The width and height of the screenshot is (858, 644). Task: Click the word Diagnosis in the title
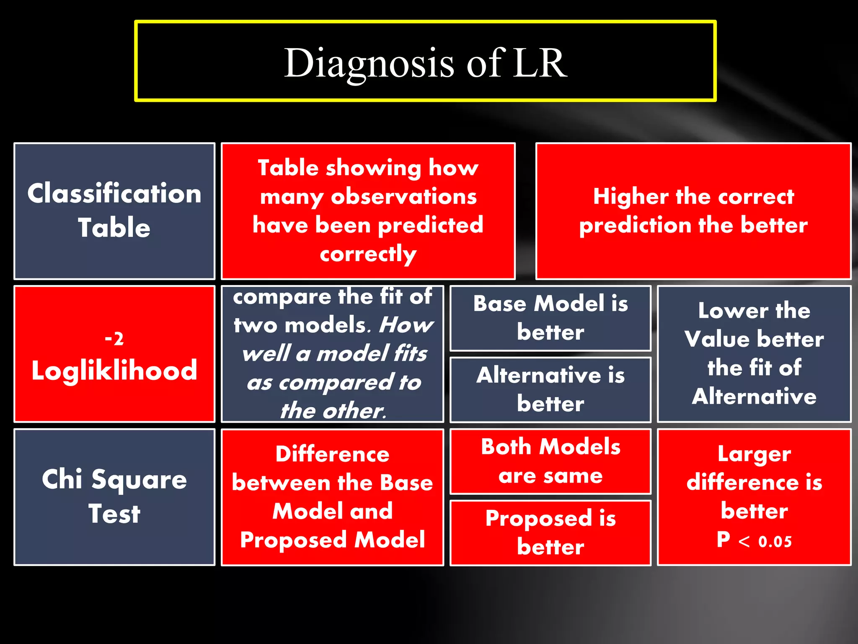coord(369,63)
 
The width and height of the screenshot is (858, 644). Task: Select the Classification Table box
coord(114,211)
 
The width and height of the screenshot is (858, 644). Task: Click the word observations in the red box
coord(403,196)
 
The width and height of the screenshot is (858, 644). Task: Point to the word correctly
coord(368,254)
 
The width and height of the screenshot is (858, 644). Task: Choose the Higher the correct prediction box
coord(693,211)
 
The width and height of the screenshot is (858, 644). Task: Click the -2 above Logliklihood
coord(114,338)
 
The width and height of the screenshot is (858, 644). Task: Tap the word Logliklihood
coord(114,370)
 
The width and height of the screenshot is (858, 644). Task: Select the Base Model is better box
coord(550,318)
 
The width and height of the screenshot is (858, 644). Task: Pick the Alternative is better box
coord(550,390)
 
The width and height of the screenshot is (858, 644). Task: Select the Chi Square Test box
coord(114,497)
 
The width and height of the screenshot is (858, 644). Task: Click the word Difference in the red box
coord(332,454)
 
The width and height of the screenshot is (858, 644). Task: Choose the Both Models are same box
coord(550,461)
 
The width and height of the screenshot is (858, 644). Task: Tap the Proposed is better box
coord(550,532)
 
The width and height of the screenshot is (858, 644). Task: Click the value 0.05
coord(775,542)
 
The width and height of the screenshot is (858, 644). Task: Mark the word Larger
coord(754,454)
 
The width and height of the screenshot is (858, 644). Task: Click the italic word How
coord(406,325)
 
